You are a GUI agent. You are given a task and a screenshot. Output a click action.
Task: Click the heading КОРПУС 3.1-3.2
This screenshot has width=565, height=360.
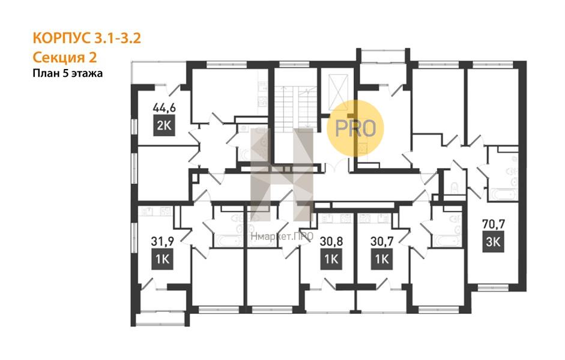[86, 38]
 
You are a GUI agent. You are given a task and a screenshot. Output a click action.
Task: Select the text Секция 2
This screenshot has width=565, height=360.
[65, 57]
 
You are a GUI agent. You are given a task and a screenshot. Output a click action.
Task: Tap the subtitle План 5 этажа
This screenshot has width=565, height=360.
[68, 73]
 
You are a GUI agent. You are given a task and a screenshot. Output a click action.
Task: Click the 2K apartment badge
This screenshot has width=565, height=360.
[164, 125]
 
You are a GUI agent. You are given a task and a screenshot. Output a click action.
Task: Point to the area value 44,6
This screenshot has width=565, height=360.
[165, 107]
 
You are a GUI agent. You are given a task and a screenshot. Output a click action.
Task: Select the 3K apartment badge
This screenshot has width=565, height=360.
[494, 242]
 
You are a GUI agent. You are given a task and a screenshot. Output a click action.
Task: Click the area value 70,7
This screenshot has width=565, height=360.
[494, 224]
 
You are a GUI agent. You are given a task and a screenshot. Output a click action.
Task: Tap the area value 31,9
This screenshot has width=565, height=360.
[163, 241]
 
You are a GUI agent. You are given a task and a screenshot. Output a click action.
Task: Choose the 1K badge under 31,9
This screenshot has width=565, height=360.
[163, 259]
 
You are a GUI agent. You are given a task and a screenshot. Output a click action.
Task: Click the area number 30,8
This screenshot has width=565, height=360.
[331, 241]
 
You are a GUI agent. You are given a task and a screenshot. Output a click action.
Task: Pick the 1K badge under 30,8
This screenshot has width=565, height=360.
[331, 259]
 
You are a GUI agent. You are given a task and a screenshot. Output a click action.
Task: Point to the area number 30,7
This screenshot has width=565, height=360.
[382, 241]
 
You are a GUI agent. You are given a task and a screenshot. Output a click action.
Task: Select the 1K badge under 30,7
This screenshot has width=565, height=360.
[382, 259]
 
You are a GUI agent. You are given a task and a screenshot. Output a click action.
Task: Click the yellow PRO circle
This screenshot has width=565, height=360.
[355, 128]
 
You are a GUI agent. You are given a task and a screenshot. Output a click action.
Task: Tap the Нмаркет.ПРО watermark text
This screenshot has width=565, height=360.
[282, 236]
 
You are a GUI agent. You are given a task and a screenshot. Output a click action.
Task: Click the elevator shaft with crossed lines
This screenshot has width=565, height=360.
[339, 92]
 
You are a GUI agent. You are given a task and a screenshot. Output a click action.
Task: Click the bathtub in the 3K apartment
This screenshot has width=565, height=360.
[504, 195]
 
